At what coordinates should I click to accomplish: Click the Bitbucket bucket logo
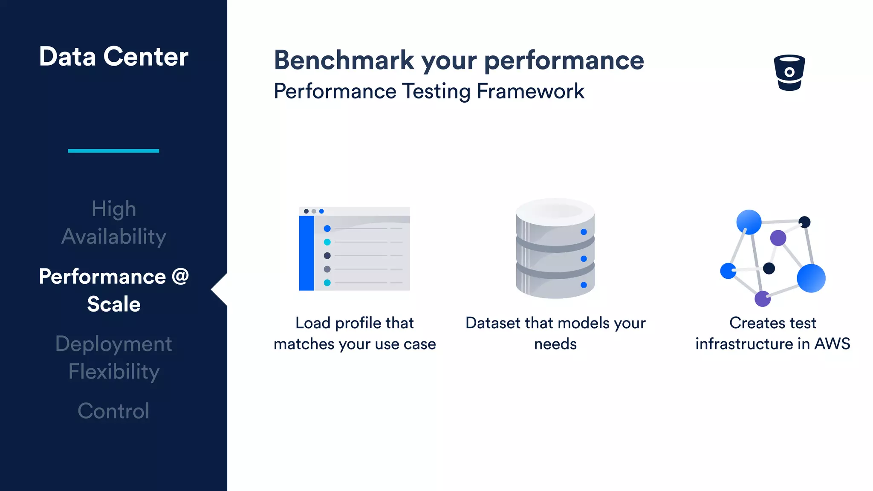[789, 72]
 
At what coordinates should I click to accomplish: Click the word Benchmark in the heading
[344, 60]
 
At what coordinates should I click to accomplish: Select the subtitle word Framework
[530, 91]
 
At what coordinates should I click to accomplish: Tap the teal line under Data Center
[113, 150]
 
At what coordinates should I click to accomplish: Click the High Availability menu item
[113, 222]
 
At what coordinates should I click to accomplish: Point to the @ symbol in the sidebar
[180, 276]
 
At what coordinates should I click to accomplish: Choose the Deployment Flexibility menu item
[113, 357]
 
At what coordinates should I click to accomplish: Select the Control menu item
[113, 411]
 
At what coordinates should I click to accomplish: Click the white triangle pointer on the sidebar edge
[219, 289]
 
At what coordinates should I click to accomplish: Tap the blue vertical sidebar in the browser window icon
[306, 253]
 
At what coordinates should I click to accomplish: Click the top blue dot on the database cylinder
[584, 232]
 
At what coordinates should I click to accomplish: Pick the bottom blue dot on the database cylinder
[584, 285]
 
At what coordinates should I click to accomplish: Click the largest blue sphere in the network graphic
[811, 278]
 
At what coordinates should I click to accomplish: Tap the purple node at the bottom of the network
[762, 298]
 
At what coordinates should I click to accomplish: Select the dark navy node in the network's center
[769, 268]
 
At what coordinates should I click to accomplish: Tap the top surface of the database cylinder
[555, 211]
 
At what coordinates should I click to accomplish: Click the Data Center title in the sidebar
[113, 56]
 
